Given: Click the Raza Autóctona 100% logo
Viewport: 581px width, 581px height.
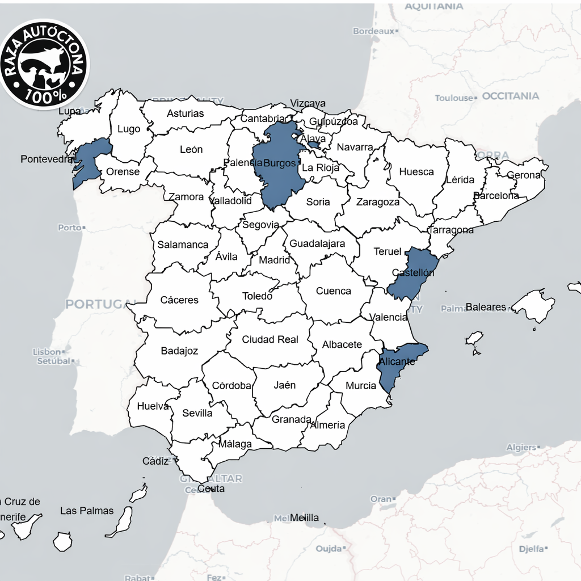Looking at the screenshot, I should click(x=44, y=64).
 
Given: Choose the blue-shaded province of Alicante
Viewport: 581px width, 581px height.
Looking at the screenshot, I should click(x=397, y=363).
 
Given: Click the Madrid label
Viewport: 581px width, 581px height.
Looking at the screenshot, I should click(x=274, y=260).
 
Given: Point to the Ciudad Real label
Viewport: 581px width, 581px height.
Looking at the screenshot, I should click(x=270, y=339).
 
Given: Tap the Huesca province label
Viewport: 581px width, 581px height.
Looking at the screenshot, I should click(x=416, y=172).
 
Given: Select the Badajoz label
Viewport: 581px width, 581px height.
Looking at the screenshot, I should click(x=179, y=351).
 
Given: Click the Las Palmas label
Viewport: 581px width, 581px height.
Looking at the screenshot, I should click(x=87, y=511).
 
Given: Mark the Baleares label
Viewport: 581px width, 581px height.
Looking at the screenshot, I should click(x=486, y=307).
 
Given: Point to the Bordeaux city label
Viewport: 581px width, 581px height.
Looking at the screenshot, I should click(x=373, y=31).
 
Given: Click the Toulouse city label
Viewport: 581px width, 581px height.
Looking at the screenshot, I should click(x=454, y=98).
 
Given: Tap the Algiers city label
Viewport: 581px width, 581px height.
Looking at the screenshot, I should click(x=521, y=448).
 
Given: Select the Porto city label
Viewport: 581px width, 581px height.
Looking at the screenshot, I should click(x=70, y=228).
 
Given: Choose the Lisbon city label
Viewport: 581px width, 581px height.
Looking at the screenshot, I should click(x=47, y=352).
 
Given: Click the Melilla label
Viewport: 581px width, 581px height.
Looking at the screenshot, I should click(x=305, y=517).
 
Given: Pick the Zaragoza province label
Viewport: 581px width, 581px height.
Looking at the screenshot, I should click(x=378, y=202).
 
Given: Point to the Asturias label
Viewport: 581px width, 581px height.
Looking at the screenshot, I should click(x=185, y=113).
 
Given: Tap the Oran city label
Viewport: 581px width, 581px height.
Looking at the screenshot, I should click(x=380, y=499).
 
